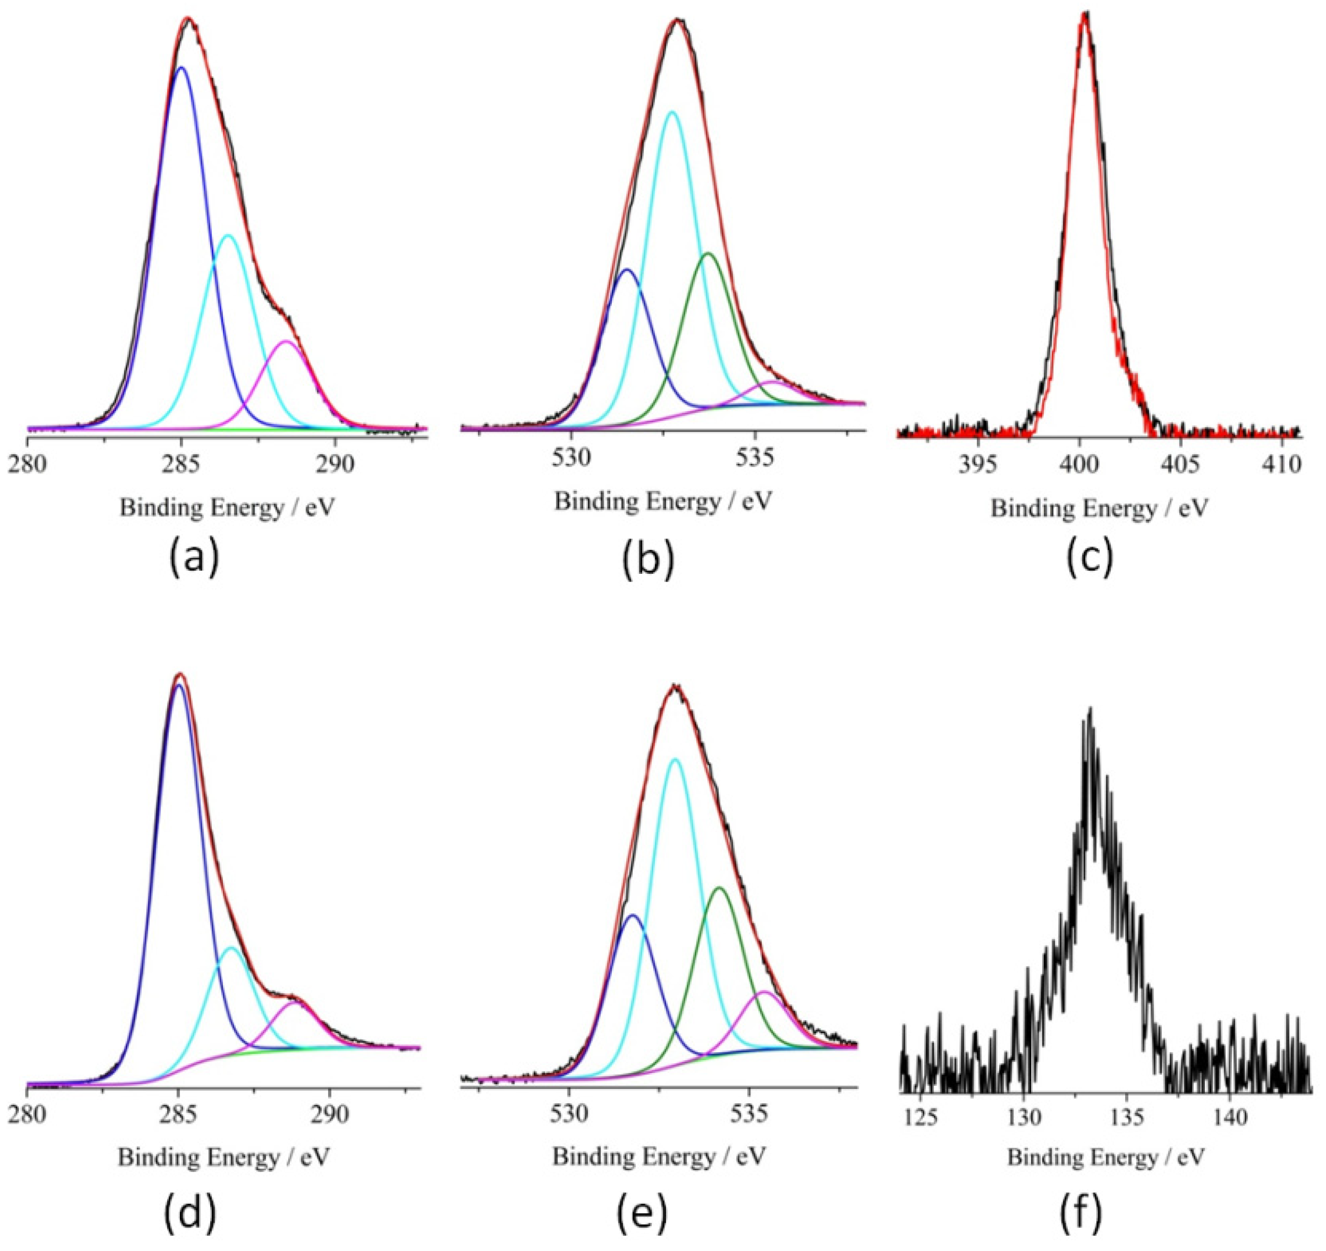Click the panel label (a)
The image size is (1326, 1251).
[x=193, y=559]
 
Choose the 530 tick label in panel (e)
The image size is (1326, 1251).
[x=568, y=1113]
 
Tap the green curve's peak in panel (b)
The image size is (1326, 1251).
[x=708, y=253]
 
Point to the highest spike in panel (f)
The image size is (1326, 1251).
[x=1090, y=708]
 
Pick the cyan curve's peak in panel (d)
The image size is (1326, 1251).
[x=231, y=947]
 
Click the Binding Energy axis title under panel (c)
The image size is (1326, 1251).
[x=1099, y=509]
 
